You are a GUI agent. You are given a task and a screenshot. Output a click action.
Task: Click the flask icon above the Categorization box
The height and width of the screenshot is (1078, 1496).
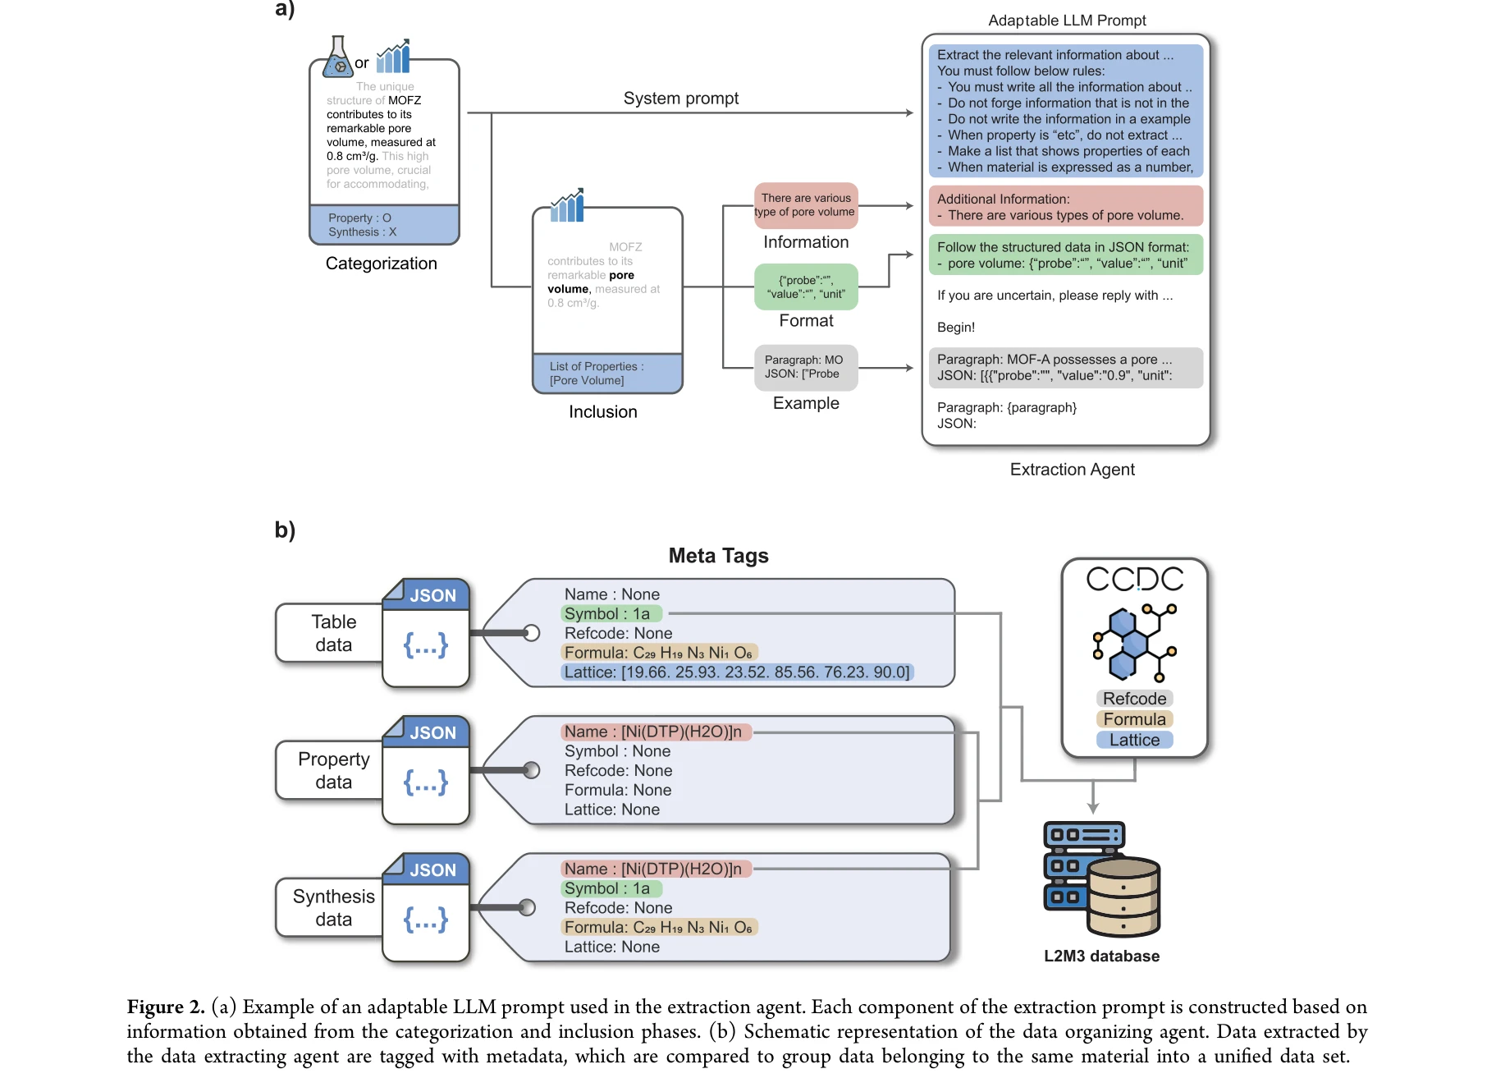click(x=337, y=57)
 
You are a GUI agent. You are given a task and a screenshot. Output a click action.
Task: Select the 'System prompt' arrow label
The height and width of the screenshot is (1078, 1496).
click(x=680, y=99)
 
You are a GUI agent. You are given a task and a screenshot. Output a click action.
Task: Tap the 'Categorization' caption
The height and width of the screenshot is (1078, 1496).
click(x=381, y=264)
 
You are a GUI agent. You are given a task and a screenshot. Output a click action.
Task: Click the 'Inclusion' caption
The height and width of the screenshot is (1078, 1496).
click(x=602, y=412)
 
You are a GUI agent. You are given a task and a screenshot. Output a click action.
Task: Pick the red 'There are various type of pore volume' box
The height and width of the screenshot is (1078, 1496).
click(x=806, y=205)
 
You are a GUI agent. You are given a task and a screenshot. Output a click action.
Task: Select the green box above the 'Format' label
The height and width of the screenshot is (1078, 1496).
click(x=806, y=287)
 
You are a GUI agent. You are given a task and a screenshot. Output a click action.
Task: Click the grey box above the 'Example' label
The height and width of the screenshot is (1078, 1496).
click(x=806, y=367)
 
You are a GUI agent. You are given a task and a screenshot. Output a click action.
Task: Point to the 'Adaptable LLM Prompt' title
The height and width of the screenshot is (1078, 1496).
click(x=1067, y=21)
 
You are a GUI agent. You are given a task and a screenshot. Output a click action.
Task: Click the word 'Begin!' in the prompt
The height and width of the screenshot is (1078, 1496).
click(x=956, y=328)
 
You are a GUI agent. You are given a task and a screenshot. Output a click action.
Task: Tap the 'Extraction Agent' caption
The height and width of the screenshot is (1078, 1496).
click(x=1072, y=470)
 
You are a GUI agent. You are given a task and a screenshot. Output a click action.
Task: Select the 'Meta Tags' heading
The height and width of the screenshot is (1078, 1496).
click(x=718, y=556)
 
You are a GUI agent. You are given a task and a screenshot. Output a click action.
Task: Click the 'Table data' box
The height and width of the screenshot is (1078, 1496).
click(x=332, y=633)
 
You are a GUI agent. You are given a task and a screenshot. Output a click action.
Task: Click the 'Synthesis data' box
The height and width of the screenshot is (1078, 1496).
click(x=332, y=907)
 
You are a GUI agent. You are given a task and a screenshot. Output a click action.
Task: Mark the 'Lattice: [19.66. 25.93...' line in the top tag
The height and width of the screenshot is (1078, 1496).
click(x=736, y=672)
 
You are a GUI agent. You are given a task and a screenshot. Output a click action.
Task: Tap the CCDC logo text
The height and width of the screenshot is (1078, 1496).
click(x=1134, y=580)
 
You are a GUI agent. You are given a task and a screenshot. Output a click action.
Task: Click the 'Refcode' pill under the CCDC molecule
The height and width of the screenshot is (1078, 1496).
click(x=1134, y=699)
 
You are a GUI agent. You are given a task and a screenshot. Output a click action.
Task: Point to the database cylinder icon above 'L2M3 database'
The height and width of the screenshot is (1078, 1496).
click(x=1123, y=897)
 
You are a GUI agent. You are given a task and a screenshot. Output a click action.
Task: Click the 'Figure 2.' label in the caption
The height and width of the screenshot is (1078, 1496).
click(x=165, y=1007)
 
